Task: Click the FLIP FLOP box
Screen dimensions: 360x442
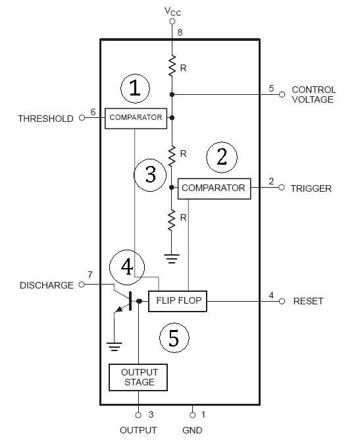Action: (178, 301)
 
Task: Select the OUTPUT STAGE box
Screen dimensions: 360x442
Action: (138, 377)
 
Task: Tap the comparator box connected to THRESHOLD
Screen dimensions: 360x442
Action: (136, 119)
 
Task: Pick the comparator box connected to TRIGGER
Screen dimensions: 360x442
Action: (214, 188)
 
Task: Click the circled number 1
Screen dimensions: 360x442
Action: (135, 88)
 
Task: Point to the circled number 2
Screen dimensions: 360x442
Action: (222, 157)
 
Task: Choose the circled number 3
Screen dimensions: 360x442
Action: (150, 175)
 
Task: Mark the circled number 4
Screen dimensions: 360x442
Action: (127, 267)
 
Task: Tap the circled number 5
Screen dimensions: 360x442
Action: (174, 338)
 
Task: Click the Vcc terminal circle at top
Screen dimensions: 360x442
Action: (172, 22)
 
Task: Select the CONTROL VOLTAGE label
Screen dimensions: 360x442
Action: (313, 94)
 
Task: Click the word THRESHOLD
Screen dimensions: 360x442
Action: (45, 119)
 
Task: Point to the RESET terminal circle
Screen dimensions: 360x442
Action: (282, 301)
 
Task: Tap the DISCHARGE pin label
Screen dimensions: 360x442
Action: (47, 285)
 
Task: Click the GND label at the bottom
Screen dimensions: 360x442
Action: (192, 430)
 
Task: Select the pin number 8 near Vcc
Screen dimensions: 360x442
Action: (180, 32)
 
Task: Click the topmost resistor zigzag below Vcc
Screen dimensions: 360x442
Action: (172, 65)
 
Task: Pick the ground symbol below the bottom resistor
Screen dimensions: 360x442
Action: (172, 258)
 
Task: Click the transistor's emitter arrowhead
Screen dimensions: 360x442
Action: (119, 309)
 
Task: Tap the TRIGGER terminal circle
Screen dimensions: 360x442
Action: (282, 187)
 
